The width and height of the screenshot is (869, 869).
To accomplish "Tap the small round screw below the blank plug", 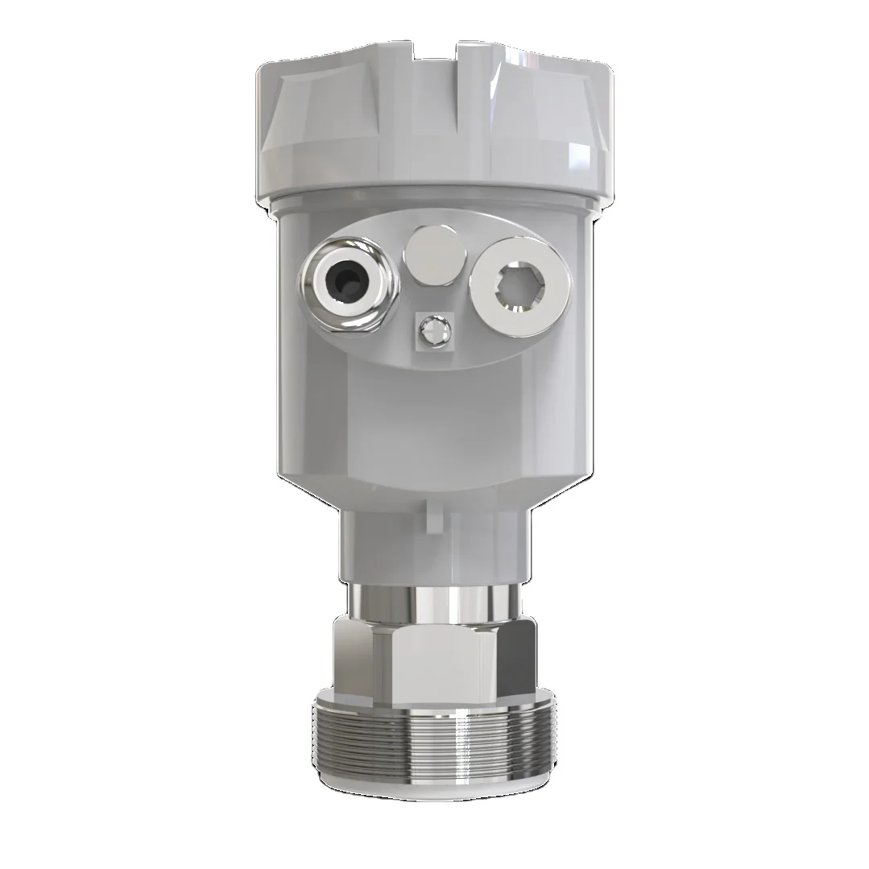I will coord(432,330).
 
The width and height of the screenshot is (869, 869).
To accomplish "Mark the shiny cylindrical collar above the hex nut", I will coord(435,603).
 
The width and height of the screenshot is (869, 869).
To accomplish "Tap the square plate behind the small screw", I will coord(420,339).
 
